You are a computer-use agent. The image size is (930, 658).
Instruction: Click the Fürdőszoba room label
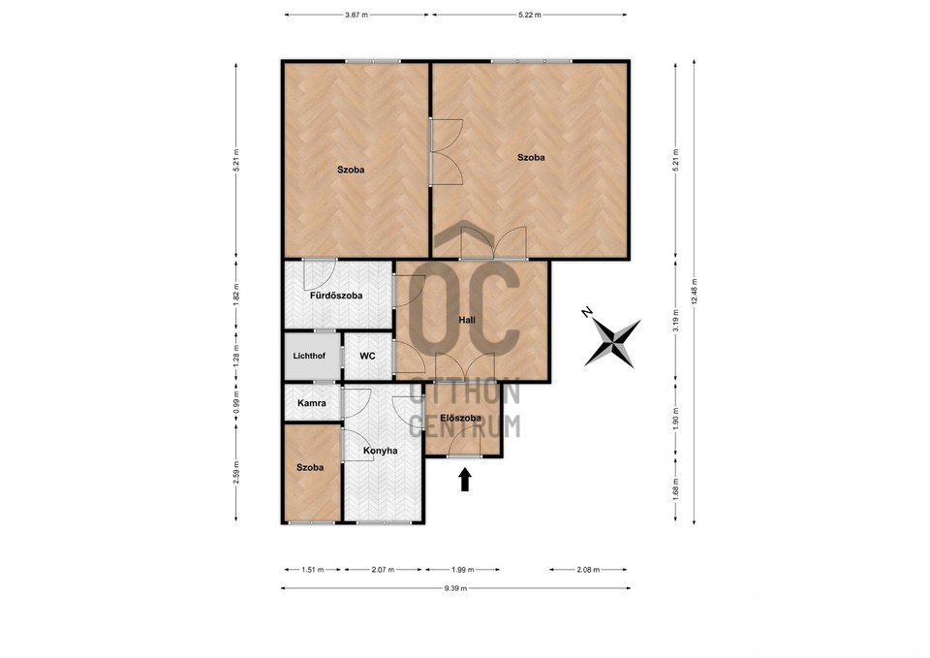[336, 296]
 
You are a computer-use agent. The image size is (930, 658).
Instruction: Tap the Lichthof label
[309, 356]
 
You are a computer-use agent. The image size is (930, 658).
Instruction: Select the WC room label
[367, 356]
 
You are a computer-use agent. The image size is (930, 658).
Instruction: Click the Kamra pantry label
[311, 403]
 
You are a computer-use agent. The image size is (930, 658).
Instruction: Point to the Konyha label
[380, 451]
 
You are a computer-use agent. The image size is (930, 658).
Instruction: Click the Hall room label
[467, 320]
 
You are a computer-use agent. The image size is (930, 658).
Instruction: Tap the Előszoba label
[461, 418]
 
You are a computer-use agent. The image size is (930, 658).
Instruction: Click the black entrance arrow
[465, 480]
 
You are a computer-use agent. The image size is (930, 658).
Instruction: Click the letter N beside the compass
[587, 312]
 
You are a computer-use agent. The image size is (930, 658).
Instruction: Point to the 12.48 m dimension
[694, 292]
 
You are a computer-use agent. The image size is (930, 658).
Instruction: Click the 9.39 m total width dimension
[455, 588]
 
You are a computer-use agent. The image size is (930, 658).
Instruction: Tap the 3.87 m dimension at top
[356, 15]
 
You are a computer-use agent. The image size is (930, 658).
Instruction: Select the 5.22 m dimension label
[530, 15]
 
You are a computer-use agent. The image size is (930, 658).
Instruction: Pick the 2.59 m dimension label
[236, 473]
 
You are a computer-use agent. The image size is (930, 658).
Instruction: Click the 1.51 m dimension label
[313, 570]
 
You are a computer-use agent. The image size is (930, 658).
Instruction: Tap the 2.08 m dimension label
[588, 570]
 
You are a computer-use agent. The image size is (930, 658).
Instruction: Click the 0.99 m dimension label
[236, 402]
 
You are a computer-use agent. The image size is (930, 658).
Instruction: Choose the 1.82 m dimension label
[236, 295]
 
